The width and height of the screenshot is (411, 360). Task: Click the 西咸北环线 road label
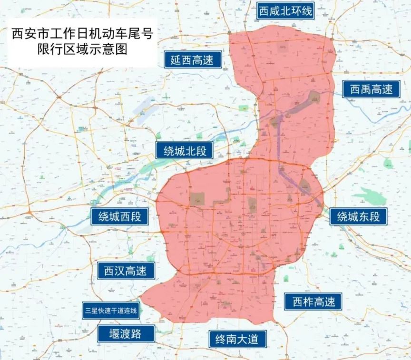tap(285, 11)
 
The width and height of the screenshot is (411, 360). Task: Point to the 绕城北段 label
tap(185, 151)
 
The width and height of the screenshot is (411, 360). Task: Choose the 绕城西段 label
tap(119, 216)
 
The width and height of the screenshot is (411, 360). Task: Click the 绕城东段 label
tap(358, 217)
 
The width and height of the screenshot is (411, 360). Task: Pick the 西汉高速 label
tap(126, 271)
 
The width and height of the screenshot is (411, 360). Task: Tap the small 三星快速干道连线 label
tap(110, 311)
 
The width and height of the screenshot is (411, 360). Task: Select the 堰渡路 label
tap(126, 333)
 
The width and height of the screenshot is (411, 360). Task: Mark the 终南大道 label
tap(237, 339)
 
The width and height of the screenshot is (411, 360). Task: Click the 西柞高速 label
tap(313, 301)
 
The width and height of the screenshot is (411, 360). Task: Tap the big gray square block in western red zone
tap(197, 199)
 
